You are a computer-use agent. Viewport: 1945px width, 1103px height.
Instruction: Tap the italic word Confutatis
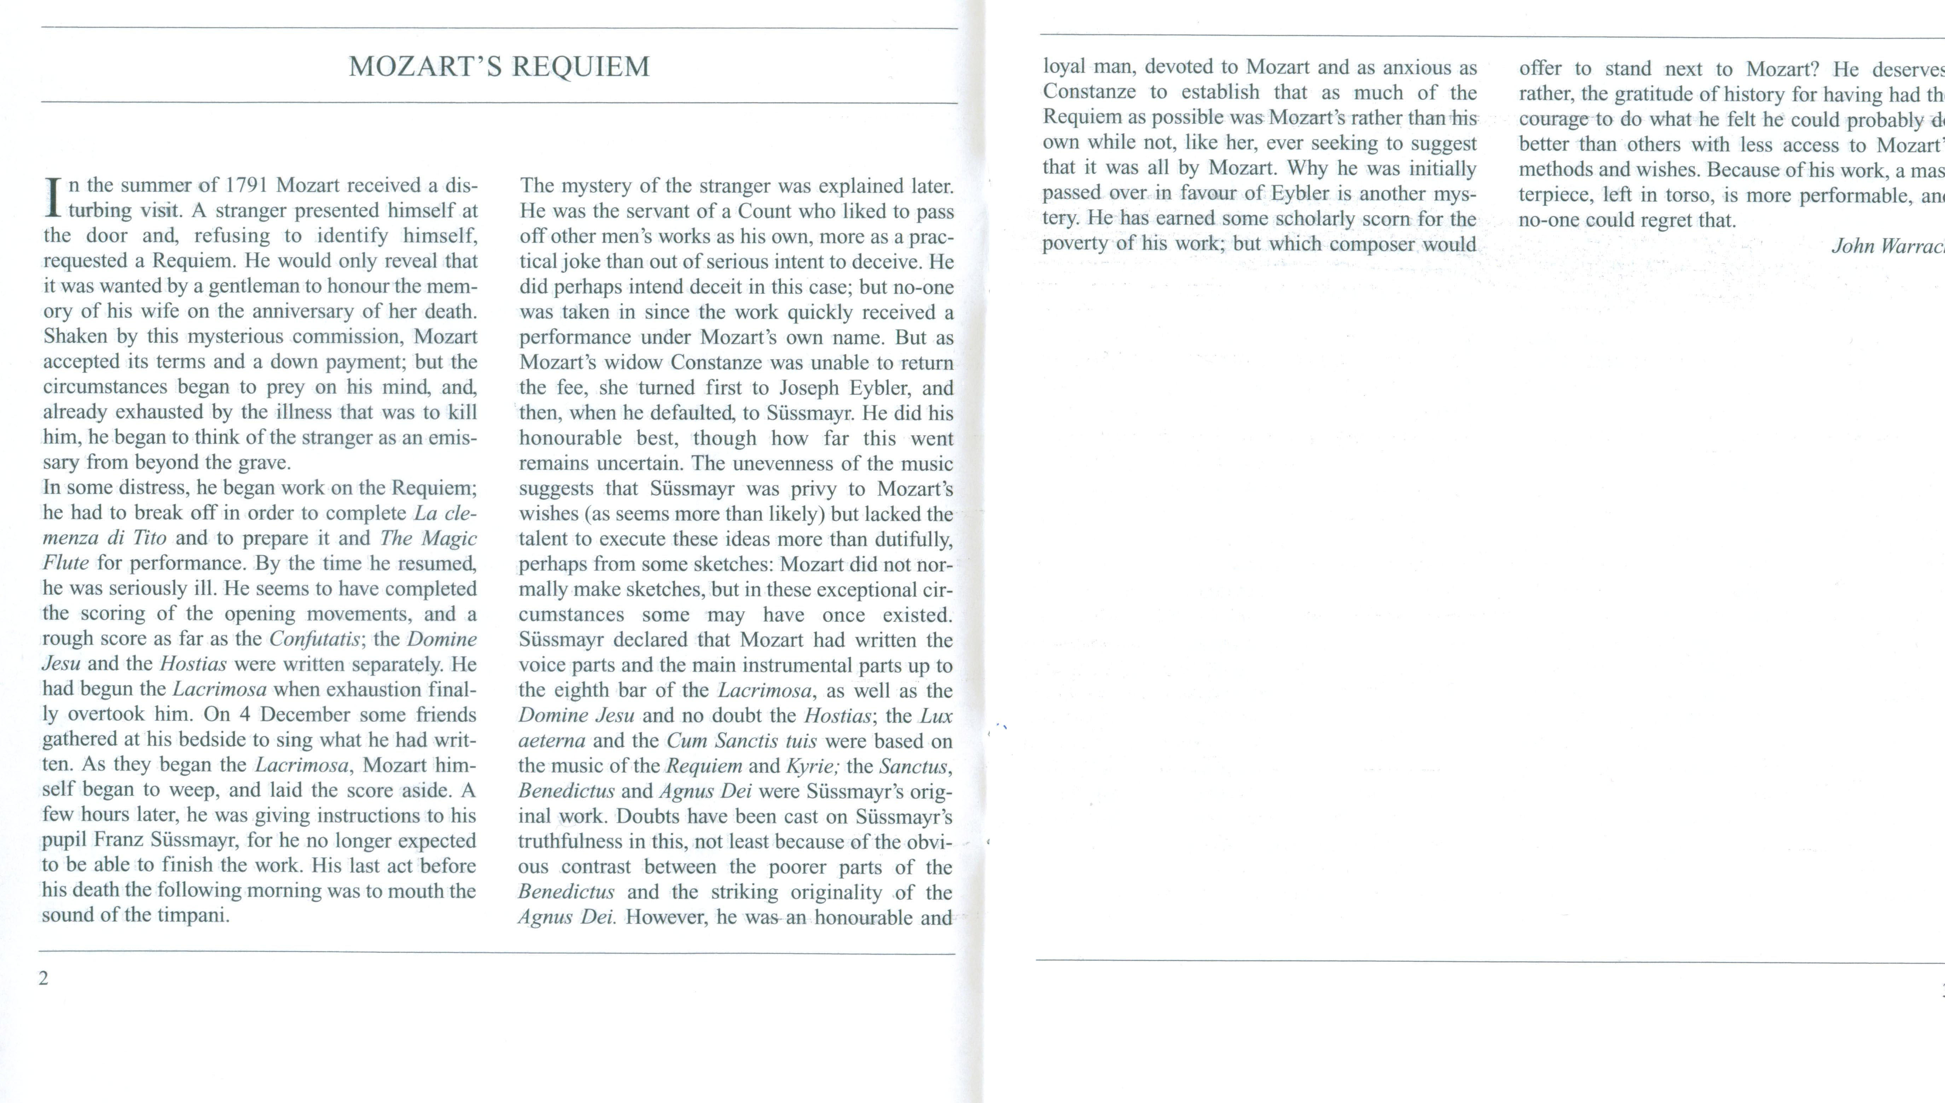click(x=314, y=639)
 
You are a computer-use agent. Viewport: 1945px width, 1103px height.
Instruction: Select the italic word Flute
click(x=65, y=563)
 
